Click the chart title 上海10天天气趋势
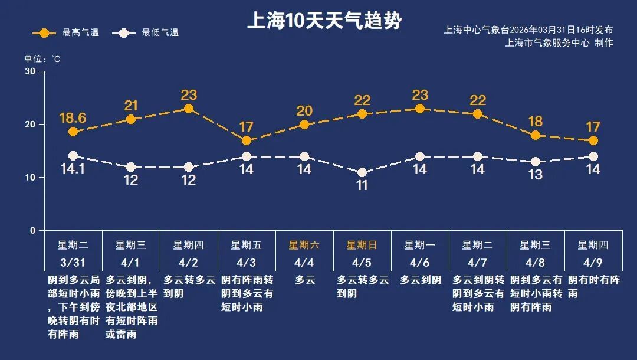(x=324, y=21)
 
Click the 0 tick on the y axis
(x=32, y=230)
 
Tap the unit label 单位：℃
(x=42, y=59)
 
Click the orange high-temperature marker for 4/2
(x=189, y=109)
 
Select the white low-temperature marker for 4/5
(x=362, y=173)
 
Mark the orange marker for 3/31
(x=73, y=132)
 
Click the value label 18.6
(x=73, y=118)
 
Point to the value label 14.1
(x=73, y=169)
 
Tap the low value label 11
(x=362, y=186)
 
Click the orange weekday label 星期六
(x=304, y=245)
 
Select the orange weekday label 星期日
(x=362, y=245)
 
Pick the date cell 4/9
(x=593, y=262)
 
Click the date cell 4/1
(x=131, y=262)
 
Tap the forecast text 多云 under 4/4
(x=304, y=280)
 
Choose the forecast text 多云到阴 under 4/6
(x=420, y=280)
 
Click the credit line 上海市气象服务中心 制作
(x=559, y=42)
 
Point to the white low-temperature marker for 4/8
(x=536, y=162)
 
